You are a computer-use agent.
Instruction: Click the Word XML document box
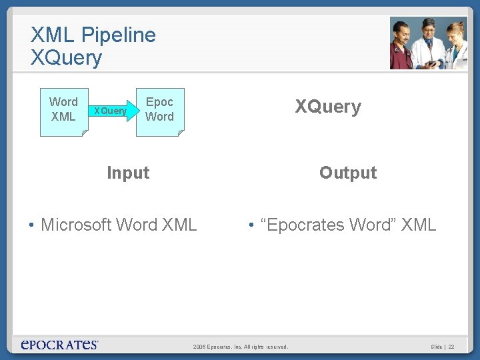coord(63,111)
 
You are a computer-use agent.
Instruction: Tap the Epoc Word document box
coord(160,111)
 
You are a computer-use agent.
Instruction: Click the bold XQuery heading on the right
coord(328,107)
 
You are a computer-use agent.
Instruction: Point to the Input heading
coord(128,173)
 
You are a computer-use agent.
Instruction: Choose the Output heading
coord(347,173)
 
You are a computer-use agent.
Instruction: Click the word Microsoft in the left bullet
coord(76,225)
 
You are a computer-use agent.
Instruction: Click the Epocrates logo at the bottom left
coord(59,345)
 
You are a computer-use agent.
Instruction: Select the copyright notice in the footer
coord(240,347)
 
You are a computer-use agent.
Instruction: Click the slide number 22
coord(451,347)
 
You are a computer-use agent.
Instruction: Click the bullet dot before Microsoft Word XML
coord(31,225)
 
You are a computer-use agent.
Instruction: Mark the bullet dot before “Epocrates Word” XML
coord(252,225)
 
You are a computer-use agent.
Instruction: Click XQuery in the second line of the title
coord(66,58)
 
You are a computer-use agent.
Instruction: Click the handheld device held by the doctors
coord(433,63)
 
